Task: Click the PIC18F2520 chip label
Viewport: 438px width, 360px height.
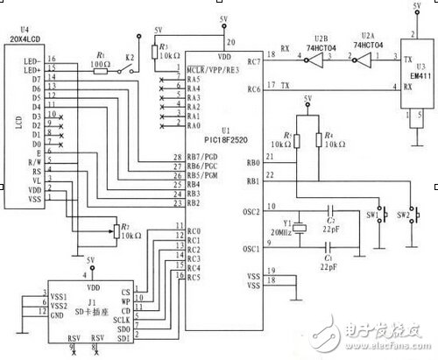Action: [208, 138]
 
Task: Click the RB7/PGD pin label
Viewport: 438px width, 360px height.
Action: [202, 156]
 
